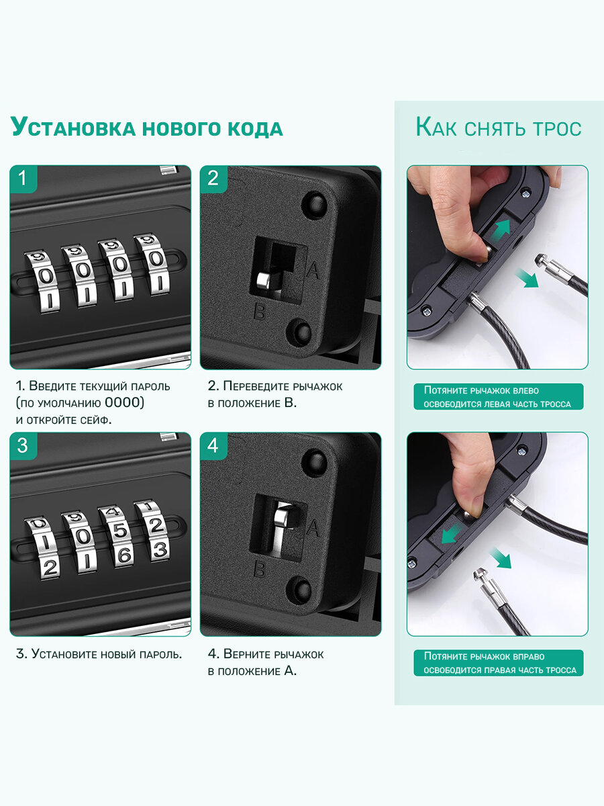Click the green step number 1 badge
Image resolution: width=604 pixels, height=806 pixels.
[x=23, y=179]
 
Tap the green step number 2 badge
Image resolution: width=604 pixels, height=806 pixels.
[x=213, y=179]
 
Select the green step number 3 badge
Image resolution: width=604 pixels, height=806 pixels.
[x=23, y=446]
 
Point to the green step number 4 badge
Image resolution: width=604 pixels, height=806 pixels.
[x=213, y=446]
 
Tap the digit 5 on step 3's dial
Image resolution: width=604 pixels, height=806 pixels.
[x=120, y=531]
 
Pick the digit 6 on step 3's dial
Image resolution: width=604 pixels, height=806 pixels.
[x=124, y=555]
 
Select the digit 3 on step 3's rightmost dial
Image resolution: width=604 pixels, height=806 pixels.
[x=160, y=549]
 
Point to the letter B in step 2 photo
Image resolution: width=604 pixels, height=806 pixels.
[x=259, y=312]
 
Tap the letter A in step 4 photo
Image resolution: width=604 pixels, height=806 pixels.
[x=313, y=528]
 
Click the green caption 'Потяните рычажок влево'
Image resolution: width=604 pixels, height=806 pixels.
[x=481, y=390]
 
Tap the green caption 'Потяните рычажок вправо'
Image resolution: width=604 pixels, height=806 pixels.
[x=484, y=656]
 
